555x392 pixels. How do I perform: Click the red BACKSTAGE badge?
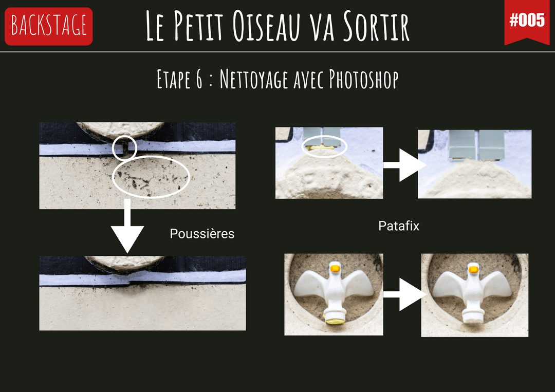[48, 26]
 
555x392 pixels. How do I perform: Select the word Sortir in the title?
[376, 26]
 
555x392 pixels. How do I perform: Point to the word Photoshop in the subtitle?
[363, 79]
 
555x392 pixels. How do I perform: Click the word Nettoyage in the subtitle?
[253, 79]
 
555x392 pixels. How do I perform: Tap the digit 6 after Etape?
[199, 79]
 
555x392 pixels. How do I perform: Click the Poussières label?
[202, 233]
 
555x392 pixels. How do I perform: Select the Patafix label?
[399, 226]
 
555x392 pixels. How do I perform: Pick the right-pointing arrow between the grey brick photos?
[404, 165]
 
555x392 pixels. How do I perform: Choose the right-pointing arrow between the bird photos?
[404, 294]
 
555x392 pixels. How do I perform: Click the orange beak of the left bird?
[335, 269]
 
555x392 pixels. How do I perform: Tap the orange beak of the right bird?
[473, 270]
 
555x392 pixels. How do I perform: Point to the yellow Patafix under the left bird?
[335, 321]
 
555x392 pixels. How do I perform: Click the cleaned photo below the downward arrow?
[142, 293]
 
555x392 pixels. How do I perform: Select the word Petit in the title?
[198, 26]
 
